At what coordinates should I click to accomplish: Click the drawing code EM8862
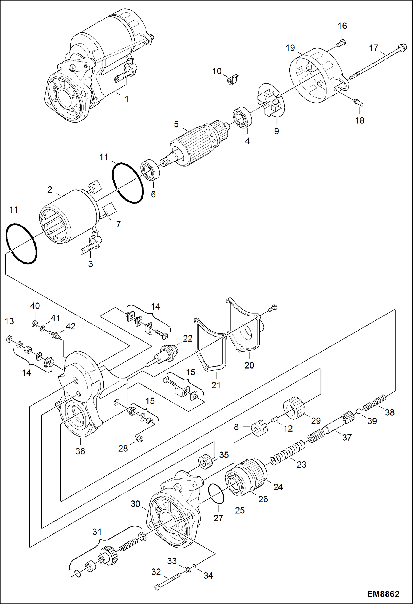[383, 594]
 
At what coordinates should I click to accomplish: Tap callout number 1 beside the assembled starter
[127, 99]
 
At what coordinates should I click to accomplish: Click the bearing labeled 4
[243, 118]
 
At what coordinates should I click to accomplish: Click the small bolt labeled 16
[341, 43]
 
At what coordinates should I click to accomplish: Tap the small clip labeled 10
[233, 80]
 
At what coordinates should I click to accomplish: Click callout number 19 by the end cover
[290, 48]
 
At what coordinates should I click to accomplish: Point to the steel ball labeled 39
[359, 411]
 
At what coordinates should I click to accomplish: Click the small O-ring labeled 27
[216, 493]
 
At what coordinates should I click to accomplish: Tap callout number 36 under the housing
[80, 451]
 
